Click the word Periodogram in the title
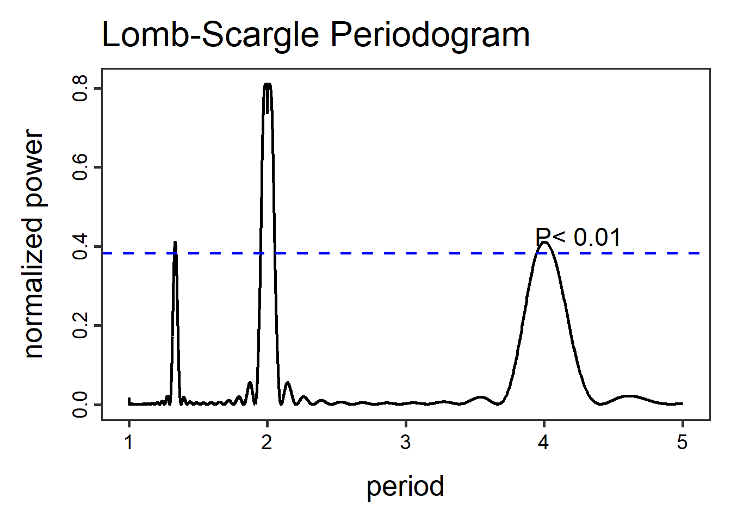430,35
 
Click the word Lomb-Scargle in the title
210,35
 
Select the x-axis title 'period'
405,486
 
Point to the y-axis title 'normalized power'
34,244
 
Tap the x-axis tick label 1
129,443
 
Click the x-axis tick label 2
267,443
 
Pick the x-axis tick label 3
405,443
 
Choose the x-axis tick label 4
543,443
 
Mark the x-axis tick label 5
682,443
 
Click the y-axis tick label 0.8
80,88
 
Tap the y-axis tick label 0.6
80,167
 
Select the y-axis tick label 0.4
80,246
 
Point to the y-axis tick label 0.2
80,325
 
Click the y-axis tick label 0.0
80,405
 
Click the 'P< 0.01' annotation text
578,237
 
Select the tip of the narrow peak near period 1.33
175,243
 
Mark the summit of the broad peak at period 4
544,243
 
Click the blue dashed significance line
381,253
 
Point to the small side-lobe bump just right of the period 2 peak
287,383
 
